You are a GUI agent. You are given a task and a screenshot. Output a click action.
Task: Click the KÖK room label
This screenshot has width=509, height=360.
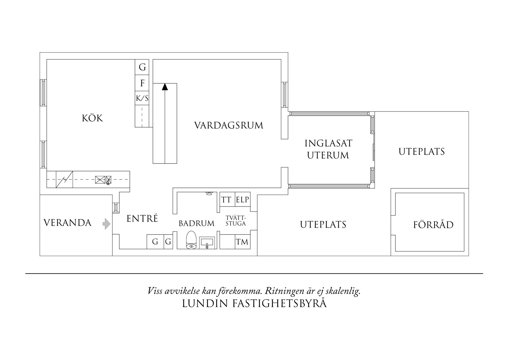[x=92, y=118]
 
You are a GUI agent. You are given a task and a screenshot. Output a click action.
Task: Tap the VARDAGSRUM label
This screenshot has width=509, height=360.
[x=229, y=125]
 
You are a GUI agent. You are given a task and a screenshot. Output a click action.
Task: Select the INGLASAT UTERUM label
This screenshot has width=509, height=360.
[x=328, y=149]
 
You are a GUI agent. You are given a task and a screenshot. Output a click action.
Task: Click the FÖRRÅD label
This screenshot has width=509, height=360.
[x=433, y=225]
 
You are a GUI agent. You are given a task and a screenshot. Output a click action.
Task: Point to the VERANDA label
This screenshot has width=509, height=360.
[x=67, y=223]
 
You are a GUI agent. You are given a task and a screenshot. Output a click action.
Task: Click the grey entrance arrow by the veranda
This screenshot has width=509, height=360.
[x=107, y=224]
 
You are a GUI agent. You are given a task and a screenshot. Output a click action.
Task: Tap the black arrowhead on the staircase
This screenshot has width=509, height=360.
[x=165, y=87]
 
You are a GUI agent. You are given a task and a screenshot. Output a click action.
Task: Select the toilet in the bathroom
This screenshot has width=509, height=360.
[x=191, y=240]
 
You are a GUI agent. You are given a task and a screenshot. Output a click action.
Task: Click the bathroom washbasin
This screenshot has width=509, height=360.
[x=207, y=242]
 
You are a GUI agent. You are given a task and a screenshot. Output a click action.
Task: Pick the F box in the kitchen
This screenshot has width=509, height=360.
[x=142, y=83]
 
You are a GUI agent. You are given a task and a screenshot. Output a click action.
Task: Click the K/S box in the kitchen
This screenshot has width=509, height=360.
[x=142, y=99]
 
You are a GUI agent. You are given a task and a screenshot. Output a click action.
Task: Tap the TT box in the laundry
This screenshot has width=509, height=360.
[x=227, y=199]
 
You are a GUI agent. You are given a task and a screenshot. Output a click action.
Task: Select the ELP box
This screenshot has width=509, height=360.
[x=243, y=199]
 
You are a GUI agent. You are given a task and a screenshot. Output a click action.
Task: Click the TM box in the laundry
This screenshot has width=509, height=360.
[x=242, y=242]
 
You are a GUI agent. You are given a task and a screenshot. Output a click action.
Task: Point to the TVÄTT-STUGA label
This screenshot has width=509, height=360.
[x=236, y=221]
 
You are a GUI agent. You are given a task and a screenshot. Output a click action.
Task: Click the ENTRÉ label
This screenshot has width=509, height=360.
[x=142, y=218]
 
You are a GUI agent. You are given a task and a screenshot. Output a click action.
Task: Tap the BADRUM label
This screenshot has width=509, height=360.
[x=196, y=223]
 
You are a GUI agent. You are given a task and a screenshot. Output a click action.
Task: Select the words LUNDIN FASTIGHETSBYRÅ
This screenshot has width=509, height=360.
[x=254, y=303]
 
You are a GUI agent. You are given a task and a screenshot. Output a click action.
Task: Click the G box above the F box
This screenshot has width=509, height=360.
[x=142, y=67]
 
